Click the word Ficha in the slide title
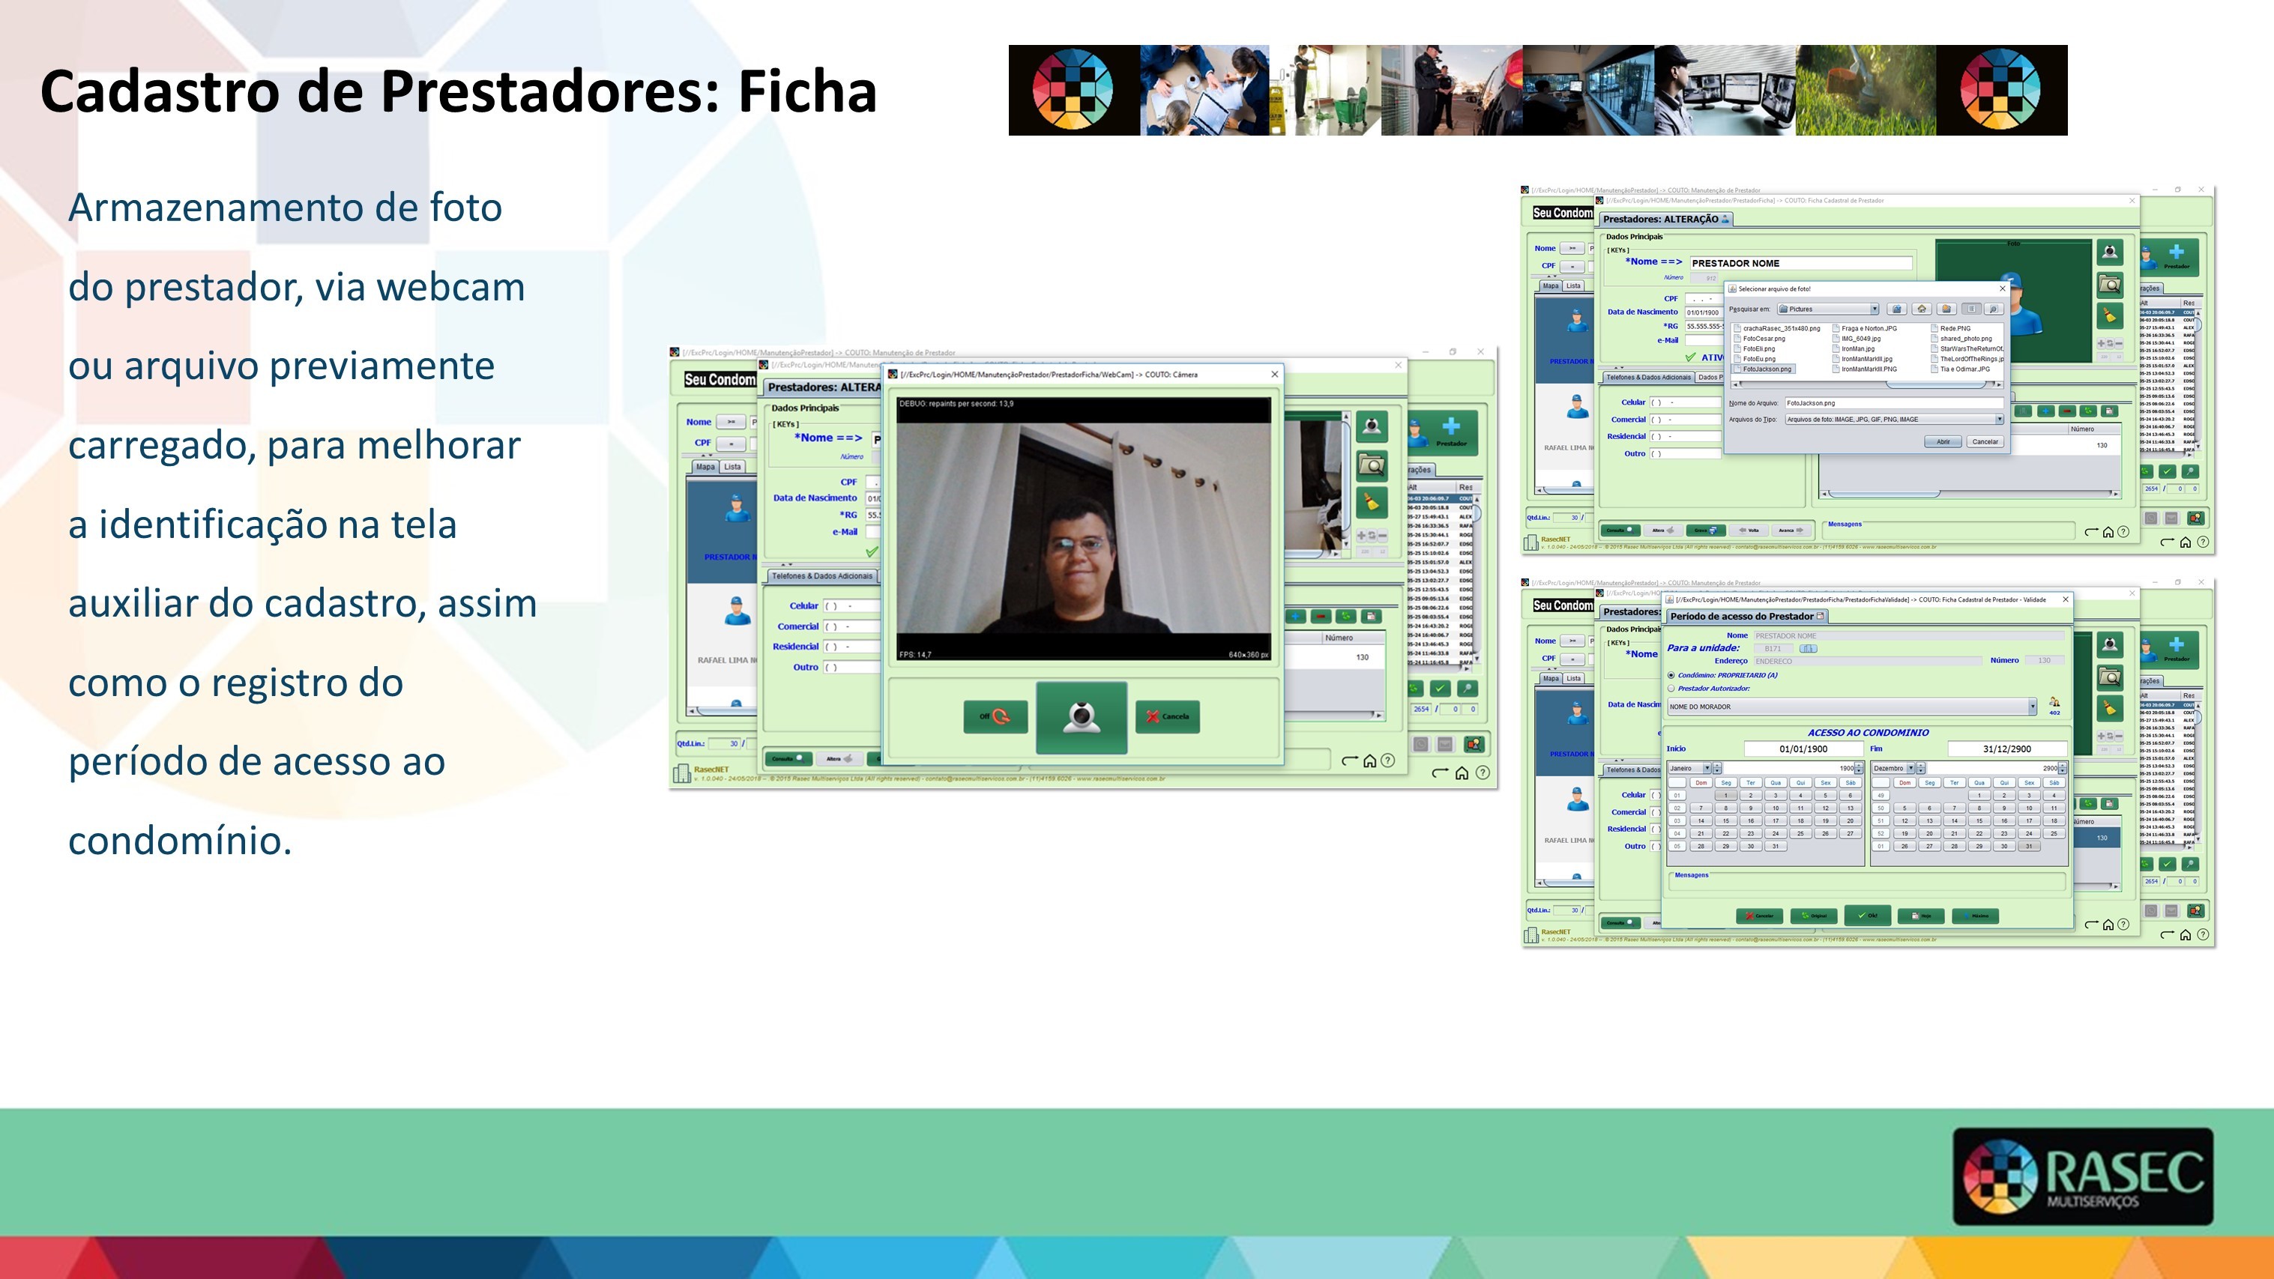pos(807,92)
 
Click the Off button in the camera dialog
pos(995,717)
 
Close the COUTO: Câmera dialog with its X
pos(1274,374)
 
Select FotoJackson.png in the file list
pos(1767,369)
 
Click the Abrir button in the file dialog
pos(1942,441)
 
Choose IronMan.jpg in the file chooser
pos(1857,348)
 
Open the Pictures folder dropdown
pos(1873,309)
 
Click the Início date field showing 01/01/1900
pos(1803,749)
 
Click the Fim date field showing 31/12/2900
pos(2006,749)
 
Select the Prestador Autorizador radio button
pos(1671,689)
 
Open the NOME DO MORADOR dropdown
pos(2031,706)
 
